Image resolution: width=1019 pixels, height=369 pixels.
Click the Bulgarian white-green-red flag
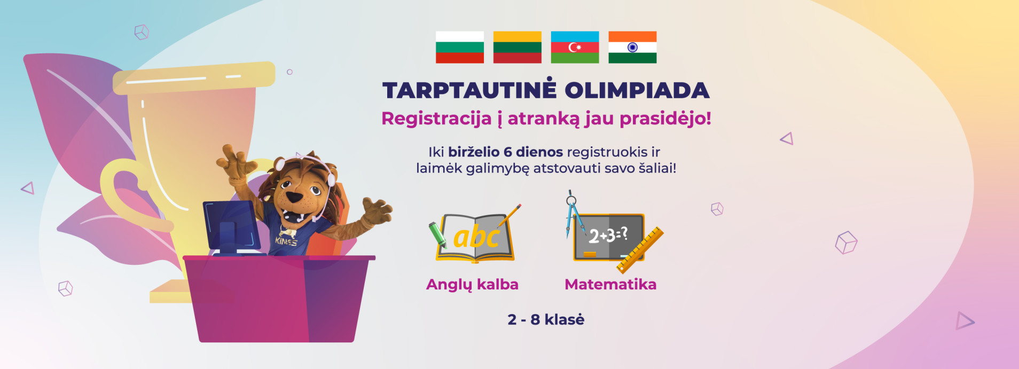click(x=460, y=47)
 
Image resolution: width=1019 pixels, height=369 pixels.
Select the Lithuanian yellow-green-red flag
click(x=517, y=47)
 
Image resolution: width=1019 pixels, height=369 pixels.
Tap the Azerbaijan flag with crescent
click(x=575, y=47)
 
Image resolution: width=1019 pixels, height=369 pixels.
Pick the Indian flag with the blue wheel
click(x=632, y=47)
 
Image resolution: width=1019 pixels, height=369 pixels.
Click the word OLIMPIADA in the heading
click(x=637, y=90)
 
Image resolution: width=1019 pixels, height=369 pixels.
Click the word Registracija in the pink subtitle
click(x=436, y=119)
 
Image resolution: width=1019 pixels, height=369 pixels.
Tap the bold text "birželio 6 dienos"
click(x=505, y=152)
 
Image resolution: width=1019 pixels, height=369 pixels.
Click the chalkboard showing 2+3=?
click(x=608, y=237)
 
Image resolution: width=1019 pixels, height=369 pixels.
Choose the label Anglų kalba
click(x=472, y=285)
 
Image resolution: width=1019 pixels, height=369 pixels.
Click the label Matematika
click(x=610, y=284)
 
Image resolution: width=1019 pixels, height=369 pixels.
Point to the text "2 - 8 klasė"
click(x=546, y=319)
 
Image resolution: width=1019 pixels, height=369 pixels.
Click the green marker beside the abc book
click(x=438, y=234)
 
